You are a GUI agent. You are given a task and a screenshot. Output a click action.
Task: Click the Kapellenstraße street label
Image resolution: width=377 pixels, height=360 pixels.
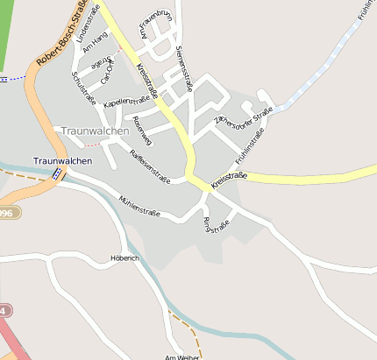pos(126,102)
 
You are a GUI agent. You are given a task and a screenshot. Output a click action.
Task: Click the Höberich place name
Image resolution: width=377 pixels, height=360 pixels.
pos(125,258)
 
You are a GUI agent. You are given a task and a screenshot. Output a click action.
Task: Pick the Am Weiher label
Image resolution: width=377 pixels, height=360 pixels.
pos(182,356)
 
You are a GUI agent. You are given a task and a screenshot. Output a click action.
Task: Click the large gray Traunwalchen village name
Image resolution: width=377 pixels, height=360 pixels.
pos(95,131)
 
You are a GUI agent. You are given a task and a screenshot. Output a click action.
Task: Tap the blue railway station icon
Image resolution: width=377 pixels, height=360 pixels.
pos(57,173)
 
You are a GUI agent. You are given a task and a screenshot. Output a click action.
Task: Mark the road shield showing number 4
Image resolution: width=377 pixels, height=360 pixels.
pos(5,310)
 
